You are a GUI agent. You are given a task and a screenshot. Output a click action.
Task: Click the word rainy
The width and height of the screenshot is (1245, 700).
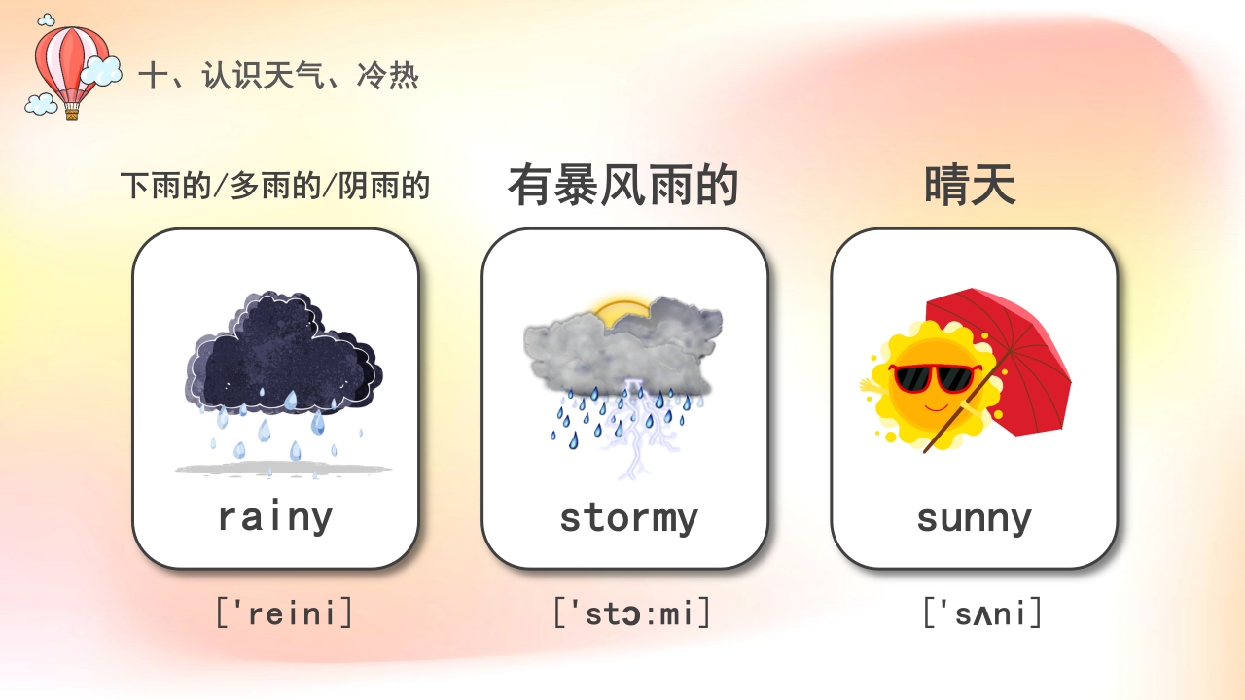click(274, 516)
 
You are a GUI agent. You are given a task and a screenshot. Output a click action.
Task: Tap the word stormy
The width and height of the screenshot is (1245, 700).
click(628, 517)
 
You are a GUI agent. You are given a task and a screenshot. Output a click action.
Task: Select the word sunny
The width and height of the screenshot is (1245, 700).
click(974, 518)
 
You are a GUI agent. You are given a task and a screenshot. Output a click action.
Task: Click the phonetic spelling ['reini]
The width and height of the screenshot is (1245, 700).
click(284, 613)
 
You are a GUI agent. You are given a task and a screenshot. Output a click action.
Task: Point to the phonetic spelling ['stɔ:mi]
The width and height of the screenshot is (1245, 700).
click(632, 613)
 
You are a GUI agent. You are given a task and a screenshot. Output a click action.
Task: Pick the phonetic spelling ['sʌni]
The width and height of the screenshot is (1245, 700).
click(982, 613)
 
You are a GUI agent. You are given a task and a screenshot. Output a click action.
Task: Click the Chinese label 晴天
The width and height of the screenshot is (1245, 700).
click(970, 185)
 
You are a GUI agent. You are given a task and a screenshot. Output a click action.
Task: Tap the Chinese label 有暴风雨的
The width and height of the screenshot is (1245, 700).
click(623, 185)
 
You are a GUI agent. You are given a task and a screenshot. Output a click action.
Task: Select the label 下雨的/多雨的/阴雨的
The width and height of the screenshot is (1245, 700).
click(275, 185)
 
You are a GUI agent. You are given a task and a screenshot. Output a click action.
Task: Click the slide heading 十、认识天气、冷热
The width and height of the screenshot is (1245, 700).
click(279, 76)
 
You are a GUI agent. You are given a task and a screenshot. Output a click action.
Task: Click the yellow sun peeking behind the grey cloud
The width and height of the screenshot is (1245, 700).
click(621, 310)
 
